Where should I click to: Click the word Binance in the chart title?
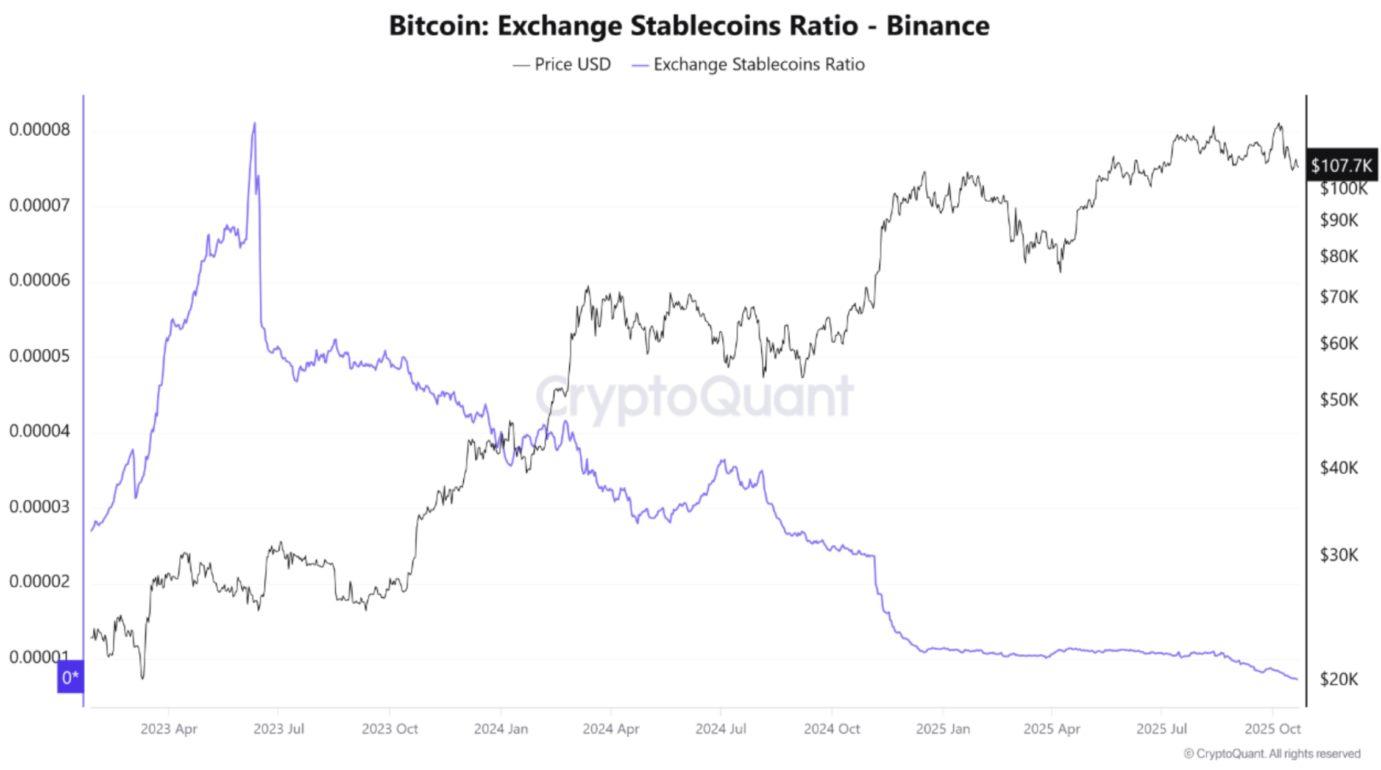point(937,26)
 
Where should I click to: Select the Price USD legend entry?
point(562,65)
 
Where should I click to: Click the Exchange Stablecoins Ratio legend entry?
point(748,65)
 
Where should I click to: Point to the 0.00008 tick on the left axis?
point(40,130)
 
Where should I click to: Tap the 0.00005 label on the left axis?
point(40,356)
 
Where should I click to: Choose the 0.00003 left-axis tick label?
point(40,507)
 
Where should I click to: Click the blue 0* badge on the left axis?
point(70,677)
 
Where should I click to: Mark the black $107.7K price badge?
point(1341,165)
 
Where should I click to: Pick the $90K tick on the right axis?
point(1339,220)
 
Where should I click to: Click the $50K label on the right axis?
point(1339,400)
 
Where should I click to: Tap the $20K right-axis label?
point(1339,679)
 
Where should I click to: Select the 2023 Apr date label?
point(169,729)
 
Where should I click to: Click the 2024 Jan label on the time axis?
point(501,729)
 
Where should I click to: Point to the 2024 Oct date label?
point(831,729)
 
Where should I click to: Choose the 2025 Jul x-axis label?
point(1162,729)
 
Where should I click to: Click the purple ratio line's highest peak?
point(254,124)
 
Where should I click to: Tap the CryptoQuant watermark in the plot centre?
point(694,397)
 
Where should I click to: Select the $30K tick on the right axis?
point(1339,555)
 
